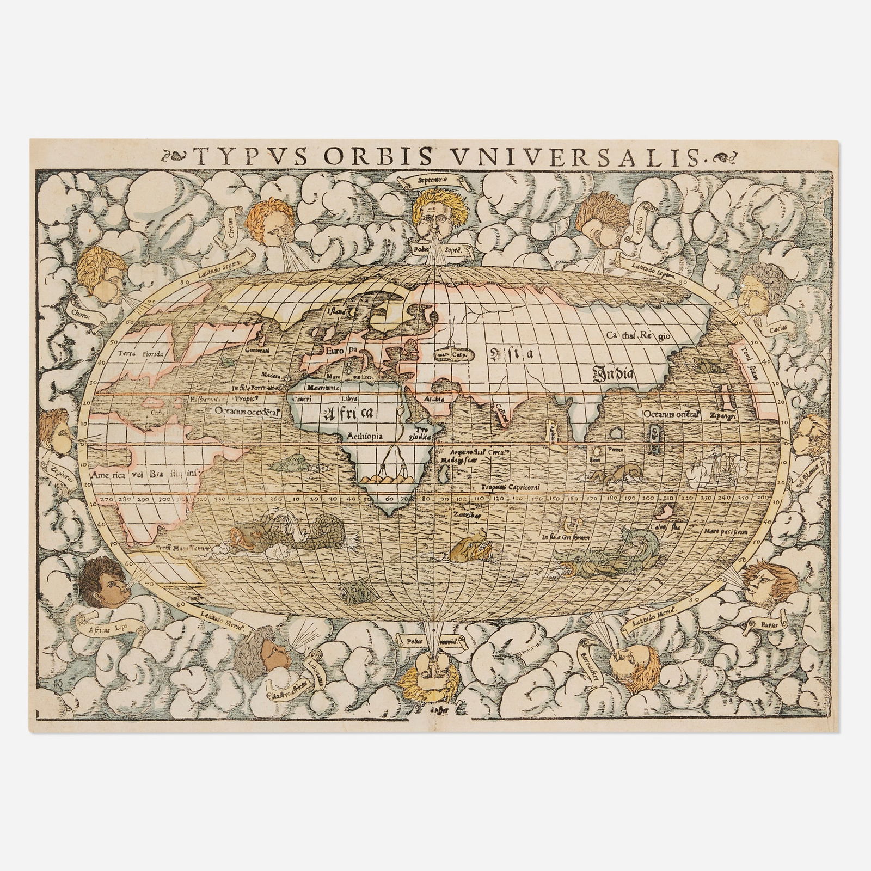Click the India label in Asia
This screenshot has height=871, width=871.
point(614,374)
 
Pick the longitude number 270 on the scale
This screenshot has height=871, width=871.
point(104,498)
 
